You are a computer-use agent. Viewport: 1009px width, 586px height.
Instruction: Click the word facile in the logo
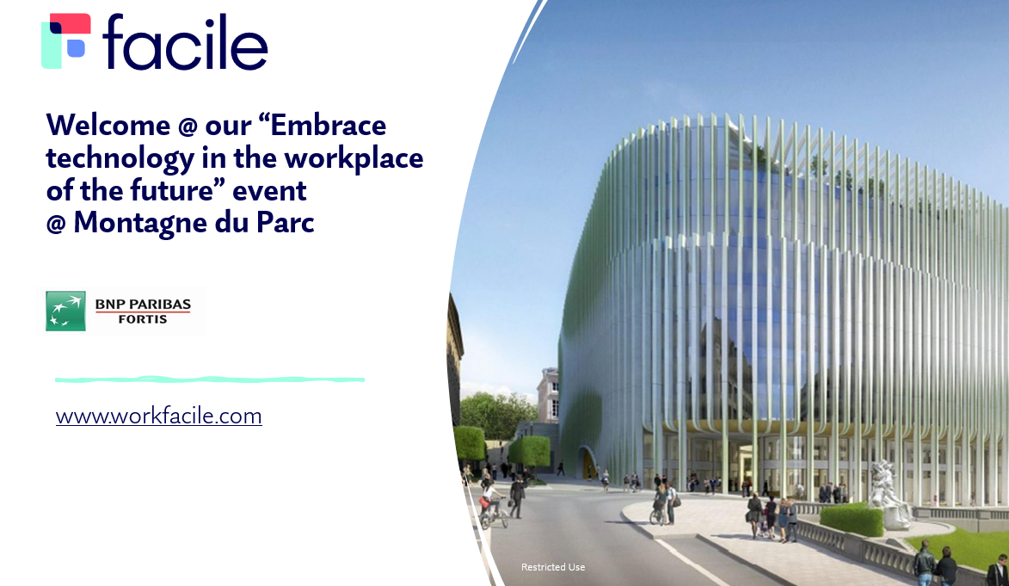point(185,42)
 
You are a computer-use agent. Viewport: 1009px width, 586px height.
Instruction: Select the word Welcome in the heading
point(108,125)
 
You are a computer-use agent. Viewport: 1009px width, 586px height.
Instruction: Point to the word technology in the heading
point(120,159)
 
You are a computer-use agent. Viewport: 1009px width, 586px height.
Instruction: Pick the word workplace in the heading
point(354,159)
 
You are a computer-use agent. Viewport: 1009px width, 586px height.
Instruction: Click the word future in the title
point(172,191)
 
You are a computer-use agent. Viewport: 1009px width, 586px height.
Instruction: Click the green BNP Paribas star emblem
point(65,311)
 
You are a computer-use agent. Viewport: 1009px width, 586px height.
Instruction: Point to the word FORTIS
point(143,319)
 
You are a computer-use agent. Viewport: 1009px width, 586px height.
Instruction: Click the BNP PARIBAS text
point(143,304)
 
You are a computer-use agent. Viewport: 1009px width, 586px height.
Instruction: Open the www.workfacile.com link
point(159,416)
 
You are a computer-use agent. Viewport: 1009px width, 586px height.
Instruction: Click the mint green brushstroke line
point(210,379)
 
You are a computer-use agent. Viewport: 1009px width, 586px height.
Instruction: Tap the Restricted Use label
point(553,567)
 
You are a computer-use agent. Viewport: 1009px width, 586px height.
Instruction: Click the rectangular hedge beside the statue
point(852,518)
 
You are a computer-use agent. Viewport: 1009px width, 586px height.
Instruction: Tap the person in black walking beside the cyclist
point(517,497)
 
